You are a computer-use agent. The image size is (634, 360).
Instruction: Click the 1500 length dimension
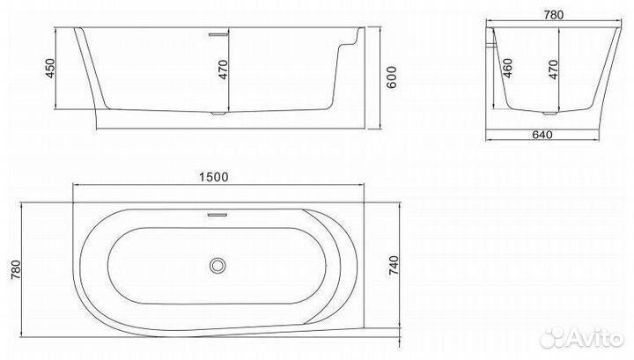214,176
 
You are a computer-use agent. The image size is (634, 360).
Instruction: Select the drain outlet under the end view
552,114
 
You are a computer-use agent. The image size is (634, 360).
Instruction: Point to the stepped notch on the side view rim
353,37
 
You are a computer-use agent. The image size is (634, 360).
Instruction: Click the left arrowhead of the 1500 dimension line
73,184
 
